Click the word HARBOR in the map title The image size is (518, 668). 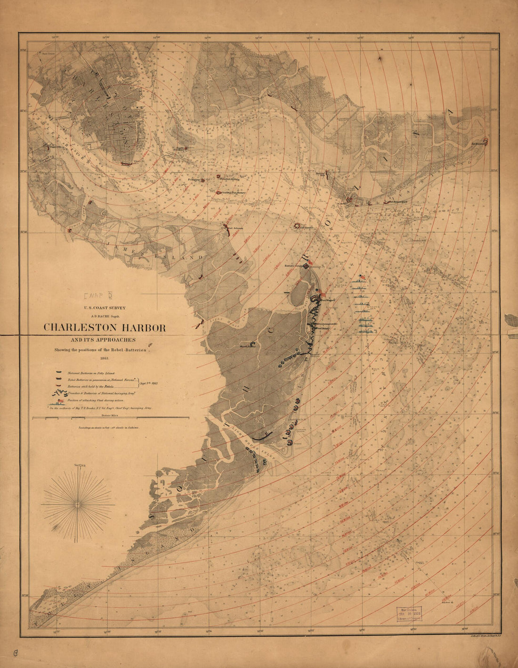[x=140, y=327]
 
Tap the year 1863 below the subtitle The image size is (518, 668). [x=105, y=358]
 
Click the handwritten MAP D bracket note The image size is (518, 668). [x=97, y=296]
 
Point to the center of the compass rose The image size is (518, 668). [x=78, y=505]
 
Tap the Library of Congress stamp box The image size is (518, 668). [x=408, y=614]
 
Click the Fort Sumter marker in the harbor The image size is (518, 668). [x=297, y=226]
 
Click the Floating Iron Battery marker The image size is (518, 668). [x=218, y=193]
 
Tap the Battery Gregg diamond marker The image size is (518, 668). [x=307, y=266]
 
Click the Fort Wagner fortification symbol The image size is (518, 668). [x=320, y=298]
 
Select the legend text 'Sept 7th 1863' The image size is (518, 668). [x=148, y=383]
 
